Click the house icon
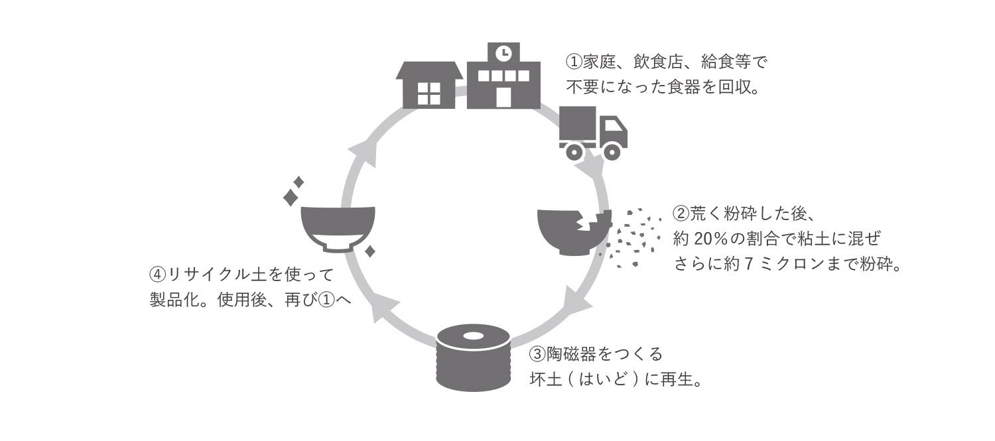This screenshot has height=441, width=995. [429, 84]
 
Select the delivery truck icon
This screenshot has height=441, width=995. [592, 133]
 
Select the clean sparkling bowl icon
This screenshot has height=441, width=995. [338, 229]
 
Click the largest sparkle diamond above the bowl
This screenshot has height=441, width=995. [290, 198]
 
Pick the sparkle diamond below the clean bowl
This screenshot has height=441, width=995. [370, 251]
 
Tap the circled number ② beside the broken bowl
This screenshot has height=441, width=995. [681, 214]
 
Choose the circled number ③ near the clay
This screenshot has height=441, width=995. [537, 355]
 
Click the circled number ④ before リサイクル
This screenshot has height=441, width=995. [159, 274]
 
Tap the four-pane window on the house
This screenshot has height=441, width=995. [429, 95]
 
